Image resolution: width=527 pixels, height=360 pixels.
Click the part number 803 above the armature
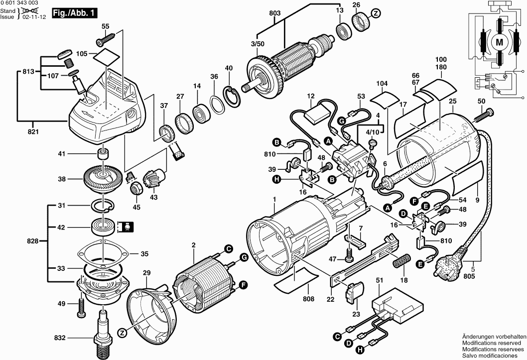(274, 12)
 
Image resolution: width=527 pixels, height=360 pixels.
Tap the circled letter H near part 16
(275, 179)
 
